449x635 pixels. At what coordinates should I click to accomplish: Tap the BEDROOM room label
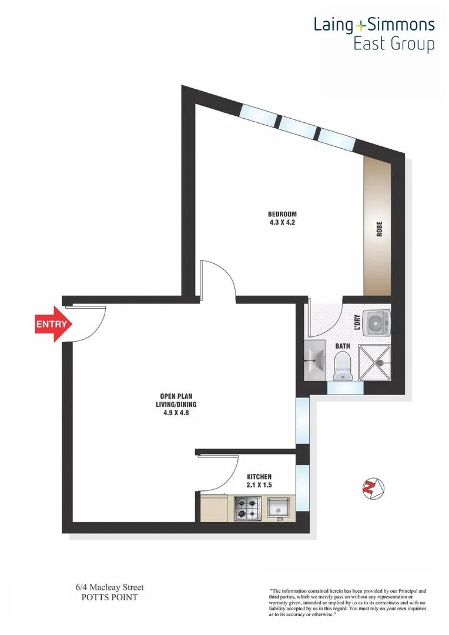[282, 213]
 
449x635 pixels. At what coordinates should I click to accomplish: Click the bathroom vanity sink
[314, 359]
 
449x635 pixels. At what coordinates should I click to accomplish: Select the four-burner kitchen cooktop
[247, 508]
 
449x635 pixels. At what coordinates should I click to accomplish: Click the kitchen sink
[278, 507]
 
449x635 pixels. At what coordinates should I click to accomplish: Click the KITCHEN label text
[259, 476]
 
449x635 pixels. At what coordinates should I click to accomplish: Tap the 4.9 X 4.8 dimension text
[177, 413]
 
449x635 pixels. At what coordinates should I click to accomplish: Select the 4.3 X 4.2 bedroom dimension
[282, 222]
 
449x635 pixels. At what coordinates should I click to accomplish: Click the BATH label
[343, 346]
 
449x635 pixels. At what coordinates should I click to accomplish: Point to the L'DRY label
[357, 322]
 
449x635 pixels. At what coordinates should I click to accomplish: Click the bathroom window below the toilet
[341, 387]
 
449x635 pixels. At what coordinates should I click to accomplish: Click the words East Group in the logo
[393, 45]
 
